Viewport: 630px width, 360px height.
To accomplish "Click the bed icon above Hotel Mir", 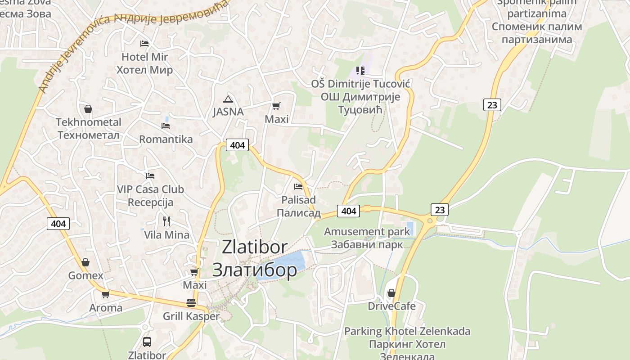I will [144, 44].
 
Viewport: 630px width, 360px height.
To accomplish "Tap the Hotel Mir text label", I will [144, 57].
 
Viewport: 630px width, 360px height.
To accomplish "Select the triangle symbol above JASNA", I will [228, 99].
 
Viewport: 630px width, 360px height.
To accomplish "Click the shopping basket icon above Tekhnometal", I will [88, 109].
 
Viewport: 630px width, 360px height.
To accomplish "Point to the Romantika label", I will [166, 139].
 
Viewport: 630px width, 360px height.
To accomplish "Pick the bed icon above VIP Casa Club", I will [150, 176].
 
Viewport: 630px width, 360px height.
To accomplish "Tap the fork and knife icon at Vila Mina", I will [166, 221].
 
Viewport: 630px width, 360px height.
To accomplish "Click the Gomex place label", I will [85, 275].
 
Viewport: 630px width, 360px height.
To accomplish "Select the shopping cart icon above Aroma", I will [105, 295].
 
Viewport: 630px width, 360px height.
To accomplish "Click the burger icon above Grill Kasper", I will [191, 303].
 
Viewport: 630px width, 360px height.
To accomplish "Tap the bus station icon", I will [147, 342].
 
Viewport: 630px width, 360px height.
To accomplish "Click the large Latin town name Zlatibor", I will [255, 247].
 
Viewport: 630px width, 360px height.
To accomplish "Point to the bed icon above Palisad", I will [298, 186].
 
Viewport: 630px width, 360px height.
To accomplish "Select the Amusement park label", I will [367, 232].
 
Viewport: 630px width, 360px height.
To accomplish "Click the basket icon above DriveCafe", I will [391, 293].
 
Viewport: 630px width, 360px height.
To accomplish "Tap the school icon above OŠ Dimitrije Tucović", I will [360, 71].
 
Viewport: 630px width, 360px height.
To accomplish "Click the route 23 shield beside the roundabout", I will [440, 210].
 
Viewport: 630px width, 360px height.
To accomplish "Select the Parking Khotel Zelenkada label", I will [407, 332].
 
